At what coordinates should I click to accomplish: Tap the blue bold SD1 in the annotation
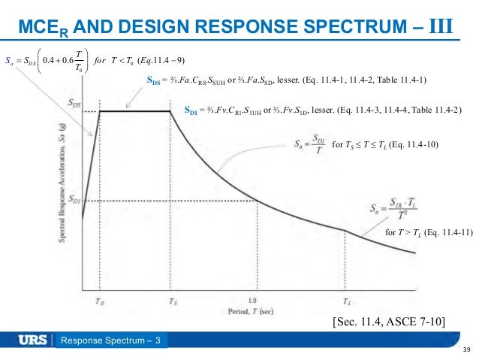pos(193,110)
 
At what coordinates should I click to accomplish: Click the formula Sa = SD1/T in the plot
pos(306,143)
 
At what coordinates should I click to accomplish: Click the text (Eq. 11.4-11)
pos(447,232)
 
